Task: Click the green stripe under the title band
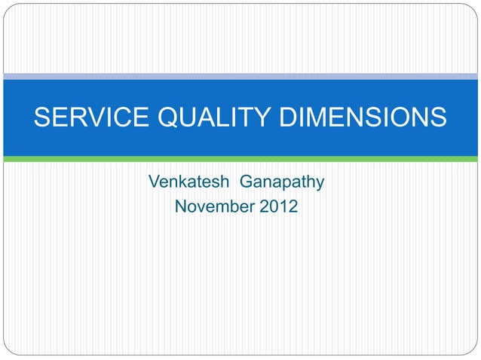pyautogui.click(x=240, y=159)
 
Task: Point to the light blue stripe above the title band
pyautogui.click(x=240, y=76)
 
